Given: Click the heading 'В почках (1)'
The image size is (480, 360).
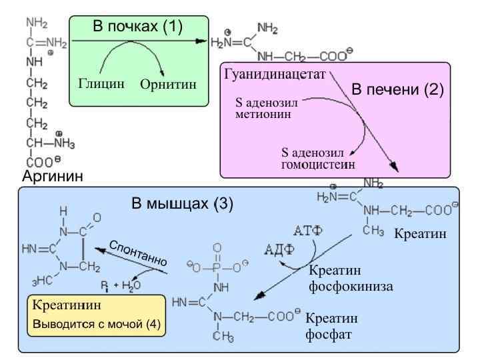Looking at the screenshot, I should pyautogui.click(x=137, y=27).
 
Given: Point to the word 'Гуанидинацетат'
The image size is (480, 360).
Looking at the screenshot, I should pyautogui.click(x=275, y=75).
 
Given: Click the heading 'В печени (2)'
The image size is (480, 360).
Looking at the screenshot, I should pyautogui.click(x=397, y=89).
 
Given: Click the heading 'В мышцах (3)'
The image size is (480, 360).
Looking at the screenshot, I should pyautogui.click(x=182, y=203).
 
